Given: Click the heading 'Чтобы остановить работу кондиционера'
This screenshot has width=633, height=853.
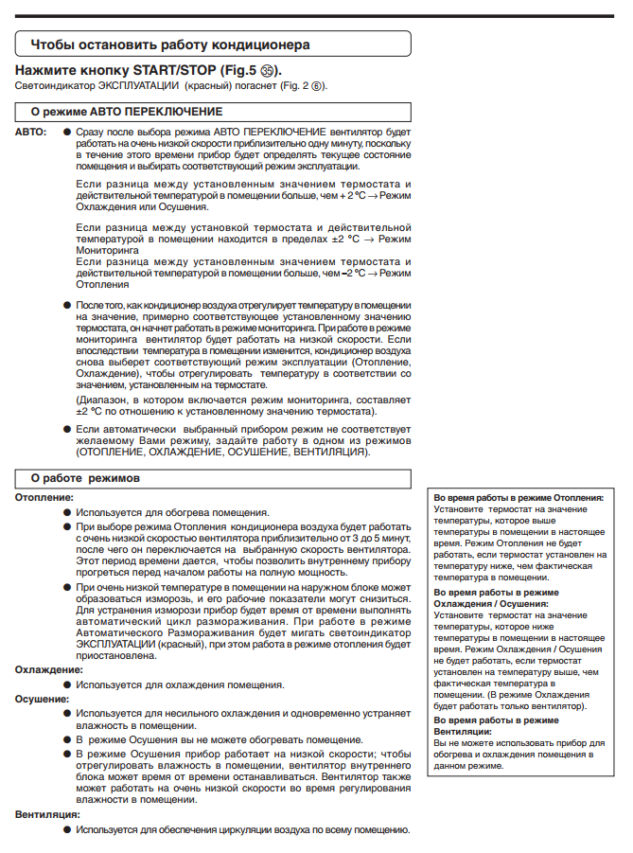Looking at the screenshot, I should (x=170, y=44).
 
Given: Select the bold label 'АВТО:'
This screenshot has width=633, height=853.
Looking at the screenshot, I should (x=30, y=131).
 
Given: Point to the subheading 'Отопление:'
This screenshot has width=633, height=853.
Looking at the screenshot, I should (x=44, y=496).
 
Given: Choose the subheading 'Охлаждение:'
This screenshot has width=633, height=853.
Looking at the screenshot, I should (x=48, y=669).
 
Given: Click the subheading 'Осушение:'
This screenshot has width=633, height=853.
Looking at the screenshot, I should (x=42, y=698).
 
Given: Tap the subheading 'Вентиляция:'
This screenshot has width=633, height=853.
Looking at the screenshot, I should (x=46, y=813).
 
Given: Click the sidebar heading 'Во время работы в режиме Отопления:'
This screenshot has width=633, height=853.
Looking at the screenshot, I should (x=518, y=496).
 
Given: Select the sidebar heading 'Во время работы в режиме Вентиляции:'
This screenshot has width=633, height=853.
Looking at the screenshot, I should (x=496, y=725).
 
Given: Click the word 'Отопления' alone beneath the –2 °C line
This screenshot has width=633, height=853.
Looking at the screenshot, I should (x=103, y=283).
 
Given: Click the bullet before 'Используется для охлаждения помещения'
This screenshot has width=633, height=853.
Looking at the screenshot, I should (x=67, y=684).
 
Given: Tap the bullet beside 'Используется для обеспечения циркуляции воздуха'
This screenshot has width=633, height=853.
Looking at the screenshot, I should (x=67, y=828).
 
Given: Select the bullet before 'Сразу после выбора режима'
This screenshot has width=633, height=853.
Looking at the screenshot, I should (x=67, y=131).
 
